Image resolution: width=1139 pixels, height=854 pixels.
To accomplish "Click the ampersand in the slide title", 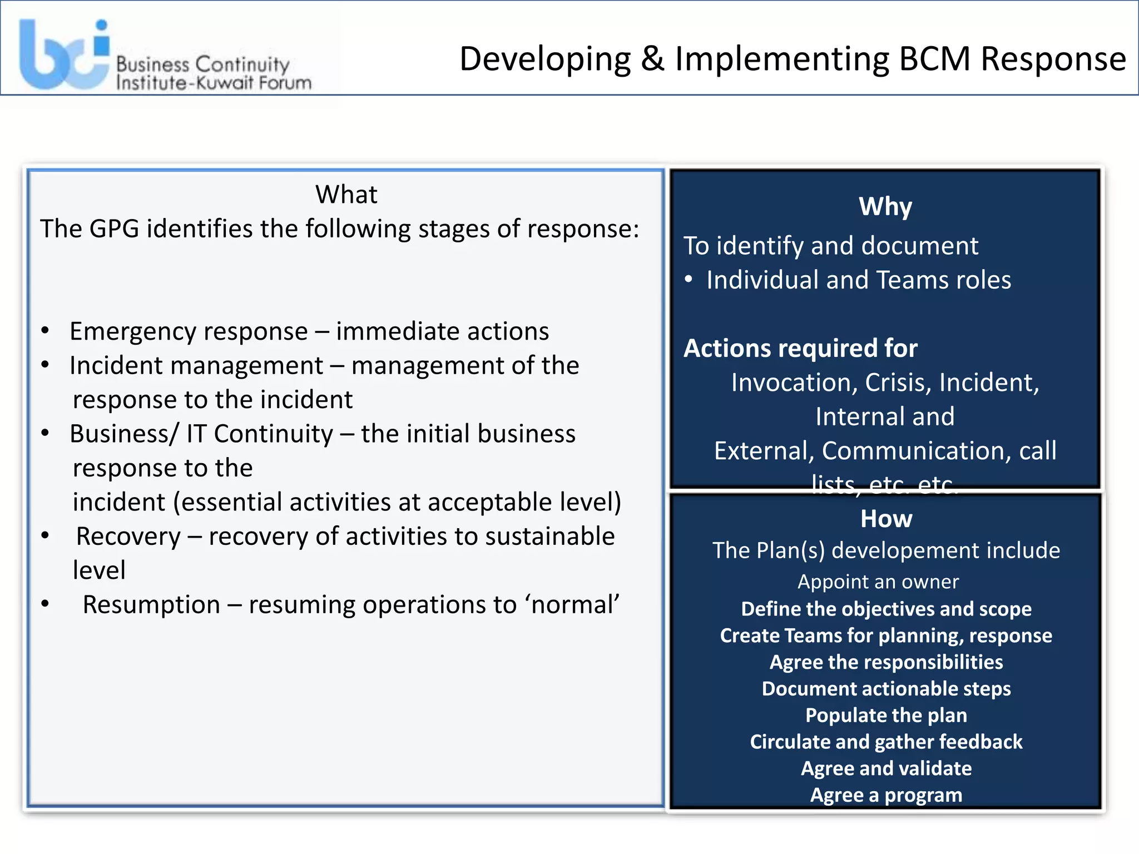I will tap(652, 58).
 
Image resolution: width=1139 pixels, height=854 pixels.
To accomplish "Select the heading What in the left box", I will tap(346, 195).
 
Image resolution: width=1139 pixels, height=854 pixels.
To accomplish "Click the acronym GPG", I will tap(114, 229).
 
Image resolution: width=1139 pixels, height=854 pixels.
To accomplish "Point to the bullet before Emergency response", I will tap(46, 331).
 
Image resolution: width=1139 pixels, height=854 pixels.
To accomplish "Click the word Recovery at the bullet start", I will tap(128, 537).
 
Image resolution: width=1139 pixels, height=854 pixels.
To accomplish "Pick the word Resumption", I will tap(151, 605).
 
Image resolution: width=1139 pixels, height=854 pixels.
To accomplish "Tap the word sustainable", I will tap(549, 537).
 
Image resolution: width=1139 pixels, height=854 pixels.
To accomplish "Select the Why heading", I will tap(885, 207).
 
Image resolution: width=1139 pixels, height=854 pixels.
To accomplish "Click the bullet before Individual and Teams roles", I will tap(689, 280).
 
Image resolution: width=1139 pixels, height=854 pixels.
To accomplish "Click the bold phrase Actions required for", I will tap(800, 349).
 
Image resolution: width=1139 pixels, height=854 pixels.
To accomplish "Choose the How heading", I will tap(886, 519).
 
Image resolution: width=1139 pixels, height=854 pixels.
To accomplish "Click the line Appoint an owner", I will tap(878, 582).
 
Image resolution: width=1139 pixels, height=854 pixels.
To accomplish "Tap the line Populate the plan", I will tap(886, 716).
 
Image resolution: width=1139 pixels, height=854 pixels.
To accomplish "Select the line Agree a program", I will tap(886, 795).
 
